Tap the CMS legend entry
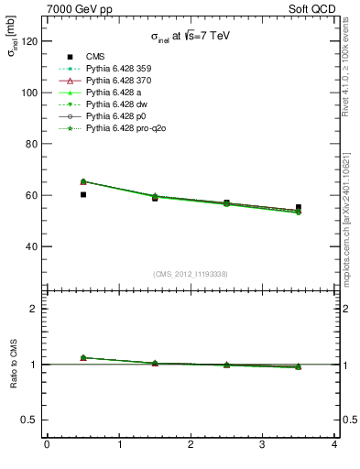pyautogui.click(x=95, y=57)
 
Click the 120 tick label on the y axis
pyautogui.click(x=29, y=41)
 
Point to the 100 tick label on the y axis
pyautogui.click(x=29, y=93)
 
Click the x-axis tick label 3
pyautogui.click(x=262, y=446)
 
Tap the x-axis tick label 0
pyautogui.click(x=47, y=446)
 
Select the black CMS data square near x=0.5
pyautogui.click(x=83, y=194)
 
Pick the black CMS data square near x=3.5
pyautogui.click(x=299, y=207)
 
